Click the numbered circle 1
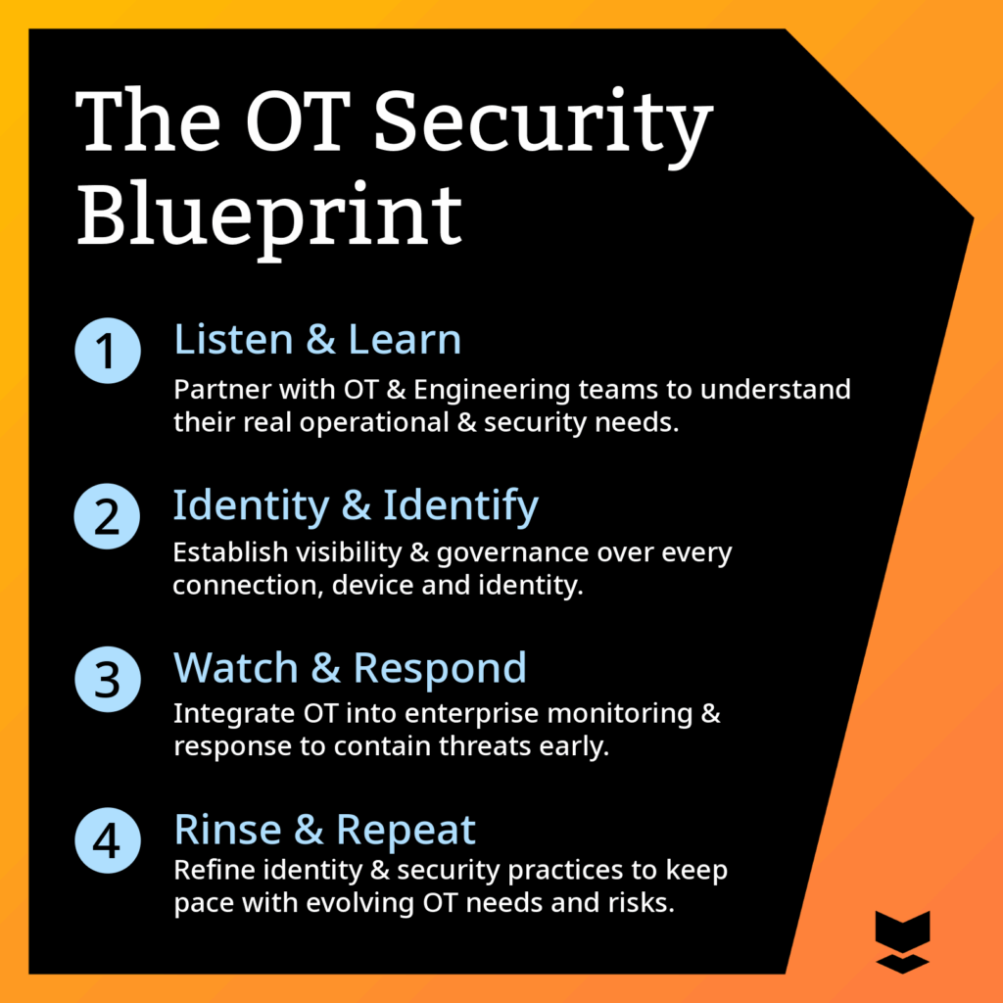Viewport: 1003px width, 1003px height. [108, 351]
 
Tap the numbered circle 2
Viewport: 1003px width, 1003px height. [107, 516]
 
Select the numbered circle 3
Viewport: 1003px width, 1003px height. [108, 680]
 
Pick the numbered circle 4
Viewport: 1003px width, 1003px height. [108, 840]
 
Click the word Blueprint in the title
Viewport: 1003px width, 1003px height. [269, 219]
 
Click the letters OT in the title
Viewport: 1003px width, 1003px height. [299, 120]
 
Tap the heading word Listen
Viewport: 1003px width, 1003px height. [233, 339]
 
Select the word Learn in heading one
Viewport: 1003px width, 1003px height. [405, 339]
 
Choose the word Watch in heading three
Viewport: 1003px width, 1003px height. [236, 668]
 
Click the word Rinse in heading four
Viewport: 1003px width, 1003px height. [227, 830]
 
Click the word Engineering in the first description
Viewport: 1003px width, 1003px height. [492, 391]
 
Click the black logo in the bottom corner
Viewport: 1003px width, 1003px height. [902, 942]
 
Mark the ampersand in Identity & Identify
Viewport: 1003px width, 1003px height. [357, 506]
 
